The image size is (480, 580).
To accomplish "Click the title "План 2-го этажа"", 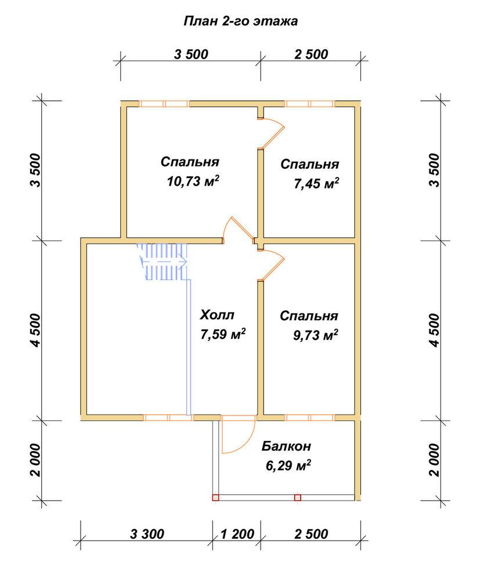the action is click(240, 21).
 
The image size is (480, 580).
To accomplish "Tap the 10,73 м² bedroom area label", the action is click(193, 181).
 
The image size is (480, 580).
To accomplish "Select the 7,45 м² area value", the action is click(316, 183).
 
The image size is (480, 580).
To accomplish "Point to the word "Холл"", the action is click(217, 315).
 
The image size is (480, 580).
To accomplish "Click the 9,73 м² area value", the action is click(316, 335).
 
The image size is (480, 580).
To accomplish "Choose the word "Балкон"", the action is click(286, 446).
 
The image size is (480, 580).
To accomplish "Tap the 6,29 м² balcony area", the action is click(288, 466).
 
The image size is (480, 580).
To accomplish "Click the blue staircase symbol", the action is click(163, 261).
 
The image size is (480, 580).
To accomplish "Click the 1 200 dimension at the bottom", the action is click(237, 534).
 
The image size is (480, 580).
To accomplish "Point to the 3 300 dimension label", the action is click(147, 534).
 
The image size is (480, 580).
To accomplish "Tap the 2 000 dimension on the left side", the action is click(35, 460).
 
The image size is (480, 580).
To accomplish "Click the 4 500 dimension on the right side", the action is click(435, 331).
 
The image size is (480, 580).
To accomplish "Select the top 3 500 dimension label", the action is click(191, 55).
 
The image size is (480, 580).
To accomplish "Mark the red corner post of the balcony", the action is click(215, 498).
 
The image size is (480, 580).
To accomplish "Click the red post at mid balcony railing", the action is click(298, 498).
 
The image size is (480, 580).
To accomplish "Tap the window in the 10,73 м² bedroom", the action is click(164, 104).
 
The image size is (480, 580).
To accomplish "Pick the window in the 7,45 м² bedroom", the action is click(310, 104).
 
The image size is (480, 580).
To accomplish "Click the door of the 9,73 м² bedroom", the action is click(271, 264).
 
